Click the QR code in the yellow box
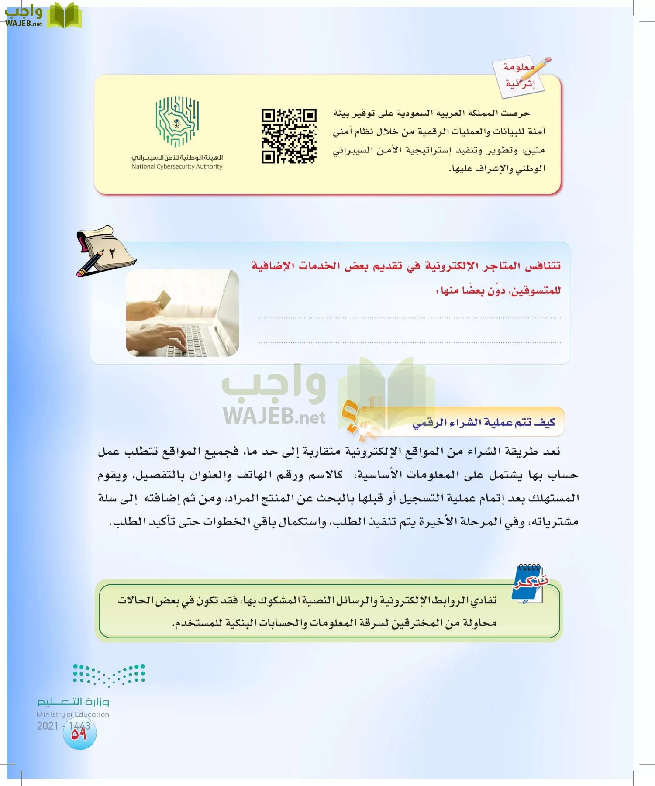(289, 136)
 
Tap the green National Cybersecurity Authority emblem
(177, 121)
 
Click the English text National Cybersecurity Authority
(177, 166)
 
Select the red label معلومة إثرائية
(519, 75)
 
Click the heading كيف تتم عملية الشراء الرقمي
(483, 422)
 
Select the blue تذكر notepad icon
(530, 583)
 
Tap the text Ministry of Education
(73, 714)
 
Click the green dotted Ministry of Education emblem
(109, 675)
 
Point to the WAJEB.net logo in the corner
(43, 16)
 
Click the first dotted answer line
(410, 318)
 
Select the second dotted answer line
(410, 343)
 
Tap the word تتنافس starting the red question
(542, 265)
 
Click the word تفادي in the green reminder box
(484, 600)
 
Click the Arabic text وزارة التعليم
(73, 701)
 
